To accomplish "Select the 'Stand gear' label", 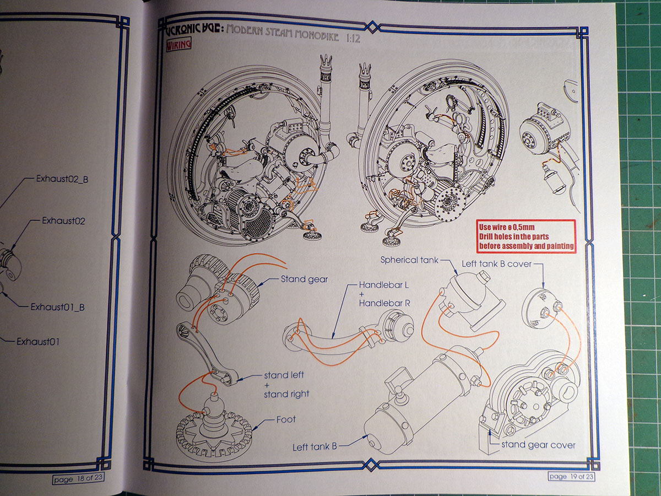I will pyautogui.click(x=304, y=279).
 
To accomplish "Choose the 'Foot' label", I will pyautogui.click(x=286, y=419).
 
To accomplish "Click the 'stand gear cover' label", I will pyautogui.click(x=538, y=445).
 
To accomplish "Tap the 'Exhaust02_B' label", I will pyautogui.click(x=62, y=179).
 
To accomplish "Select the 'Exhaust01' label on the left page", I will pyautogui.click(x=38, y=342).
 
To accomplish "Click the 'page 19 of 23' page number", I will pyautogui.click(x=571, y=476).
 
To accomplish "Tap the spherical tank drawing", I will pyautogui.click(x=467, y=292).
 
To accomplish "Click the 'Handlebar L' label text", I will pyautogui.click(x=385, y=286).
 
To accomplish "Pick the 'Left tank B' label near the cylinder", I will pyautogui.click(x=315, y=446).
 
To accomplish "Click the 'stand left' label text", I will pyautogui.click(x=284, y=375).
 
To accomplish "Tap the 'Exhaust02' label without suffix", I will pyautogui.click(x=63, y=221).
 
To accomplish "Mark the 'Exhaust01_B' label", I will pyautogui.click(x=57, y=307).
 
